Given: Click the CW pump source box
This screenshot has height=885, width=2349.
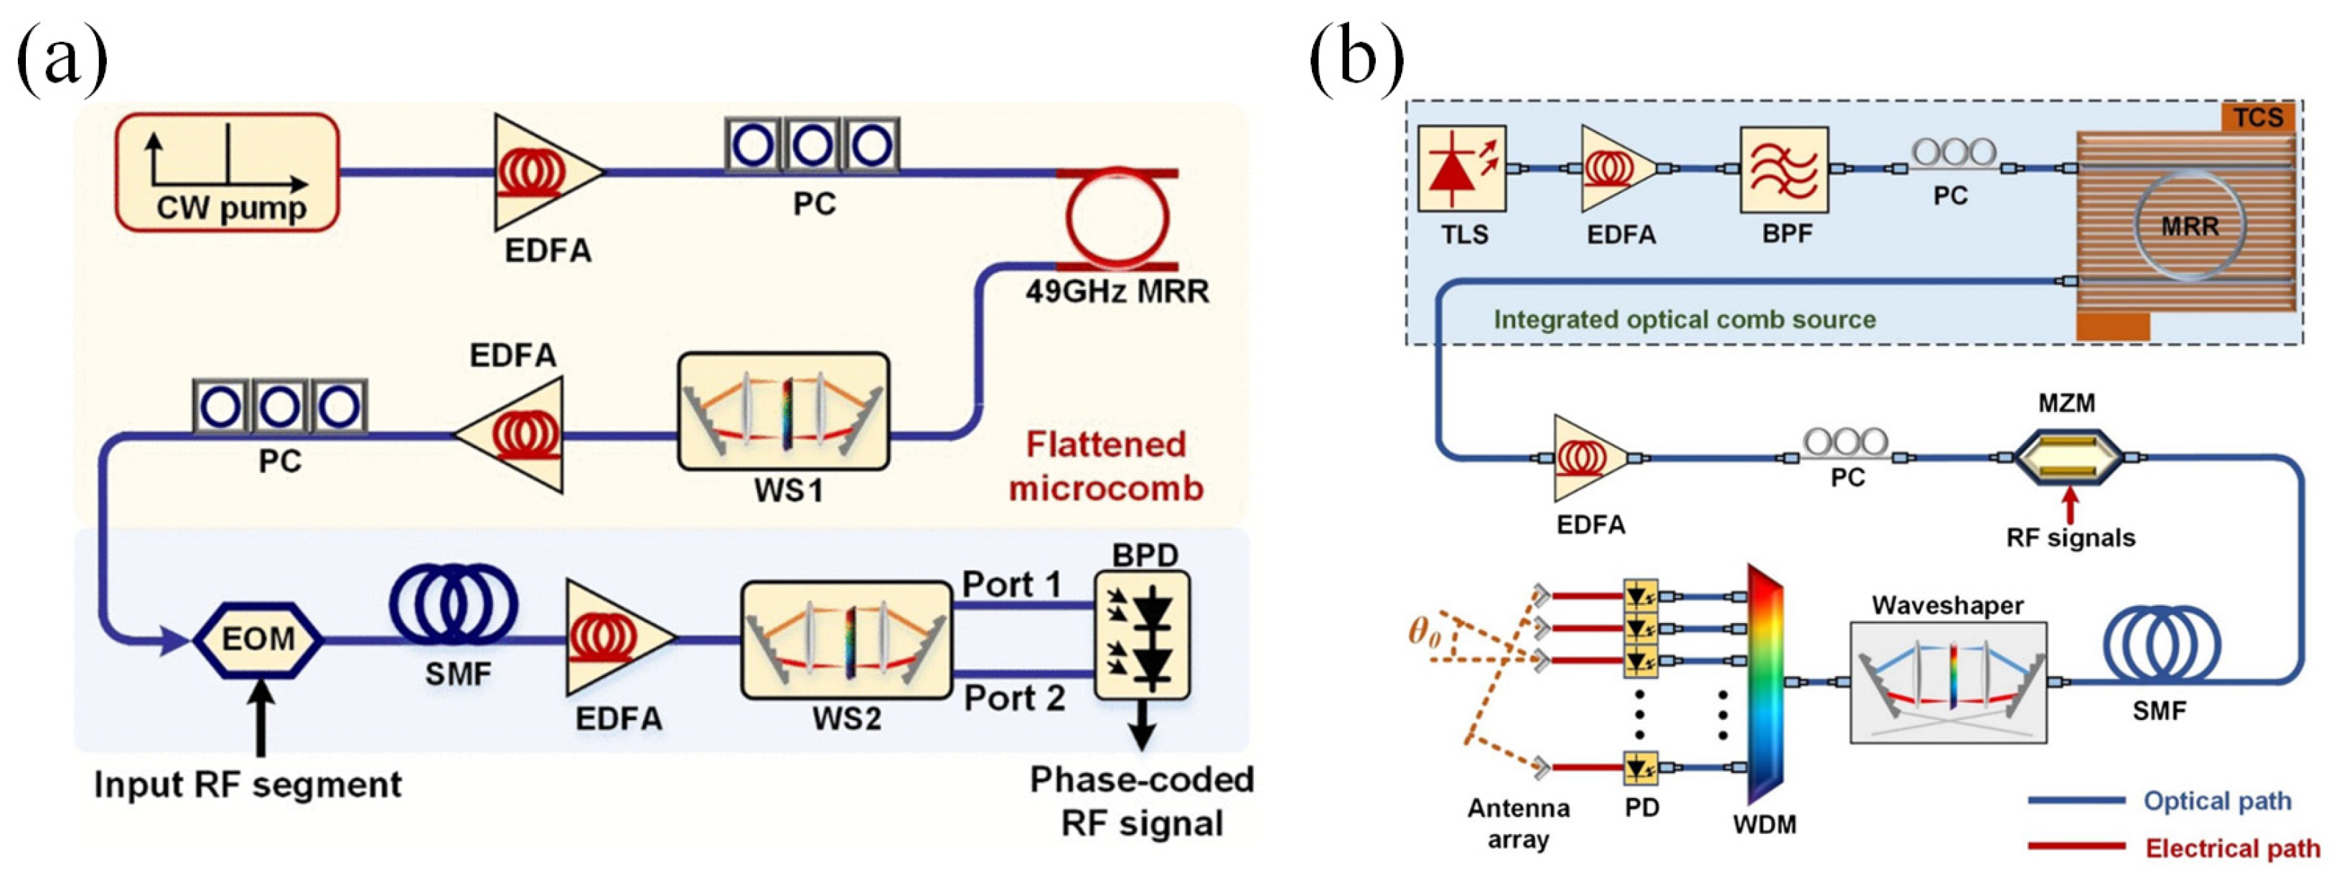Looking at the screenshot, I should click(227, 172).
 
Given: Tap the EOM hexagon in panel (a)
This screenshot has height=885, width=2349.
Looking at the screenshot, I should click(258, 639).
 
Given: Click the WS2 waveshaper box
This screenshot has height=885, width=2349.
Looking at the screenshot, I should click(846, 640).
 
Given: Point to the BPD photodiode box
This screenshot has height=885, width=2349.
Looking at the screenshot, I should click(1142, 635).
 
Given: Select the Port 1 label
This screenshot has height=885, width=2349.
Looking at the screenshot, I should click(1012, 584).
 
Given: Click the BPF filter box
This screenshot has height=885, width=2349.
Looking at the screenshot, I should click(1785, 169).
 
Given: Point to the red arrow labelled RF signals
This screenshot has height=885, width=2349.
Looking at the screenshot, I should click(2070, 505).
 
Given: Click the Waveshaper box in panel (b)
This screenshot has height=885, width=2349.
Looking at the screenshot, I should click(1948, 683).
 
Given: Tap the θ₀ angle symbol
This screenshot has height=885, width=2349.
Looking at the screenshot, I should click(1425, 632).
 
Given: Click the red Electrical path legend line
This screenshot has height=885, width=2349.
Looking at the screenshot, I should click(2076, 847).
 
